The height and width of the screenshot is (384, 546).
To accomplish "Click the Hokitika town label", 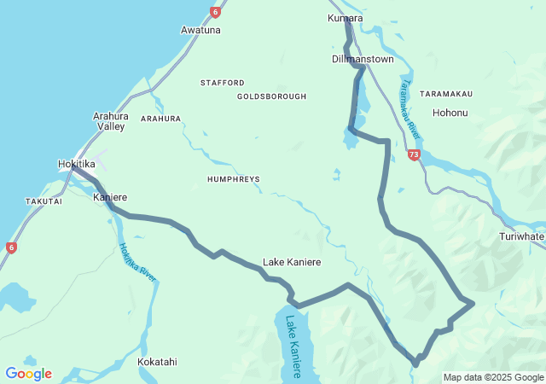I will (76, 164).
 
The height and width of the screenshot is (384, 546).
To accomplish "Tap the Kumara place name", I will (345, 18).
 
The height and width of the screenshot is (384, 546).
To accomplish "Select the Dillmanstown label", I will (363, 60).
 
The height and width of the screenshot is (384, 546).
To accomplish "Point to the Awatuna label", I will (200, 30).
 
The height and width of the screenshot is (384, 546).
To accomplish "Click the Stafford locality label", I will (222, 83).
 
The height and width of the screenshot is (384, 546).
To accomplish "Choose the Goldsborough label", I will (271, 96).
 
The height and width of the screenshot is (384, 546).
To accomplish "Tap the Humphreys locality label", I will (233, 179).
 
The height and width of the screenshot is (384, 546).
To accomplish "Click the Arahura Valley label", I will (111, 120).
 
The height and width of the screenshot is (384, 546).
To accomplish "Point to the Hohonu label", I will (450, 113).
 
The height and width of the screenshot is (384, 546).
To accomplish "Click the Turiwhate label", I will (522, 236).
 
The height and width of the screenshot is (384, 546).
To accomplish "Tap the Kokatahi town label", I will (157, 362).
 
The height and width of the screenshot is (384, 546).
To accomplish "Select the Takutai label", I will (44, 201).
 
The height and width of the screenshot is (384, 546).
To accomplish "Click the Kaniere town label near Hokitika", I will (109, 197).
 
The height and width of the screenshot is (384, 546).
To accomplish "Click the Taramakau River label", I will (410, 110).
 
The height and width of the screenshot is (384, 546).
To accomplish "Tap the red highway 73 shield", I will (414, 155).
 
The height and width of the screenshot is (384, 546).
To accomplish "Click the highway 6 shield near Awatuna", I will (215, 12).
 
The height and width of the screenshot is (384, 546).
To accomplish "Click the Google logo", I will (28, 374).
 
